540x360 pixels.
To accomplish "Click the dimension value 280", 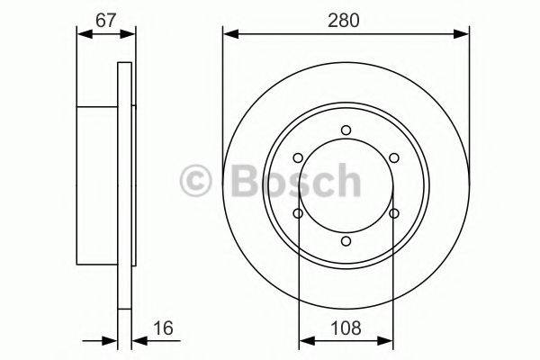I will pyautogui.click(x=346, y=20).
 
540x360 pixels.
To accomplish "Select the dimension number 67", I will pyautogui.click(x=106, y=20).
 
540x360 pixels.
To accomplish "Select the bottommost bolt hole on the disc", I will pyautogui.click(x=346, y=240).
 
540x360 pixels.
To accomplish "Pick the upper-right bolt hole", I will pyautogui.click(x=394, y=158).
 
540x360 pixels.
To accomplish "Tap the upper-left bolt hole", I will pyautogui.click(x=299, y=158).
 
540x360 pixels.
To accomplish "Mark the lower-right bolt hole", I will pyautogui.click(x=394, y=213).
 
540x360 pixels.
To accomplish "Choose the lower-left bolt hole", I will pyautogui.click(x=299, y=213).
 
